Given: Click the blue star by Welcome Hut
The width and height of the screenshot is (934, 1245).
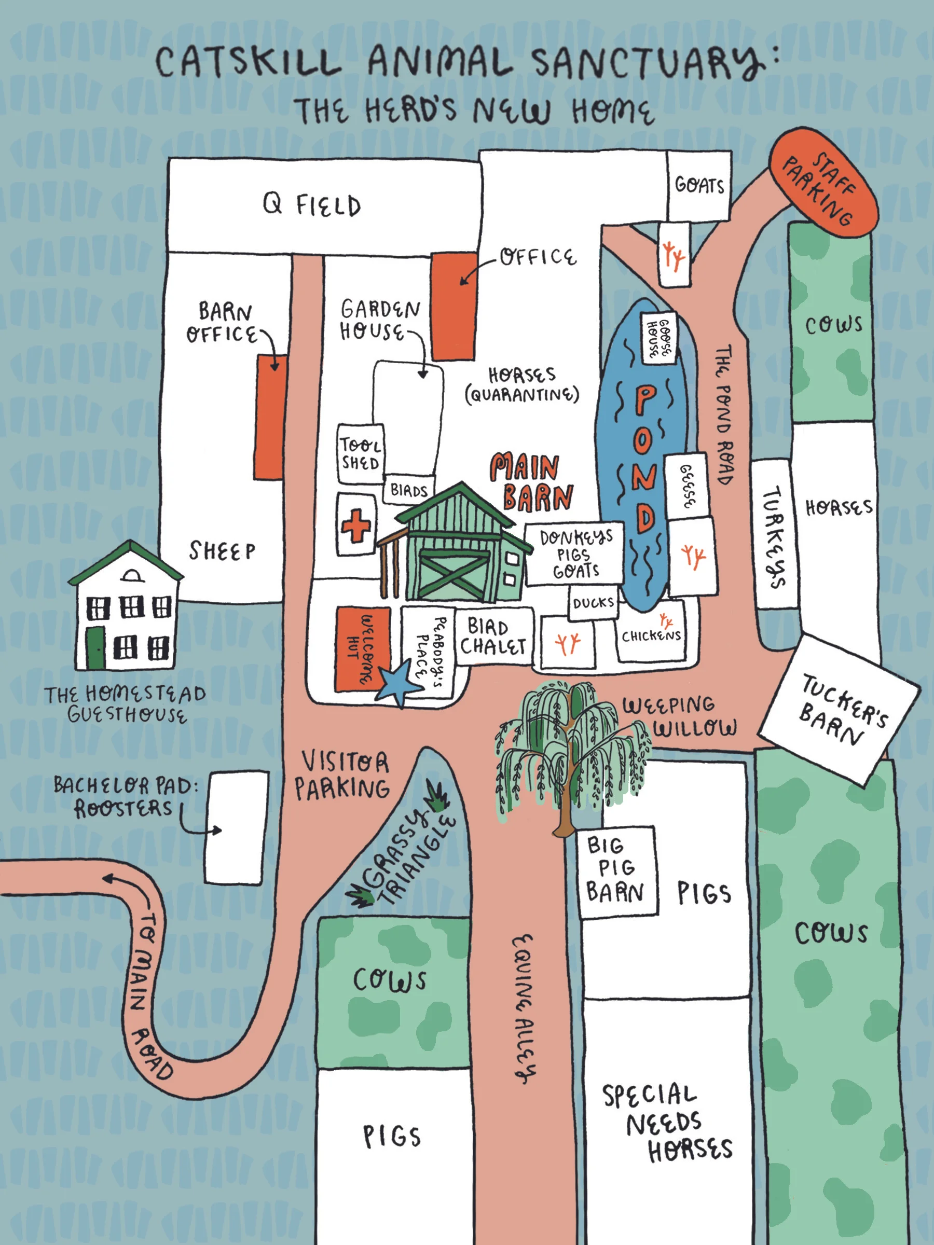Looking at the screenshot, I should (399, 684).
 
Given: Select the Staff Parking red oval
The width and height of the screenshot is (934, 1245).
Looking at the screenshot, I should (823, 181).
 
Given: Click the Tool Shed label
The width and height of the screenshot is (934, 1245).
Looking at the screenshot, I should (360, 454).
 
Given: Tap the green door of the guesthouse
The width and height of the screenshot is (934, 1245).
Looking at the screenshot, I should (95, 647).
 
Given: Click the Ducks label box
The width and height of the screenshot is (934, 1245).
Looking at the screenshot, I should (593, 603).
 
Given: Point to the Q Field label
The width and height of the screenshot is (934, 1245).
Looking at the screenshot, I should (312, 205).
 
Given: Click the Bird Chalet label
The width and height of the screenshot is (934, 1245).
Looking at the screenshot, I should (493, 637).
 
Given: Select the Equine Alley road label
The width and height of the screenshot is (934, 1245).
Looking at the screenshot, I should (524, 1007).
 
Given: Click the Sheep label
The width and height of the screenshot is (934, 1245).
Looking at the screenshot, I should (222, 550).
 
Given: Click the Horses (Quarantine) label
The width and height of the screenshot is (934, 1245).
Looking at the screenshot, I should (522, 385).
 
